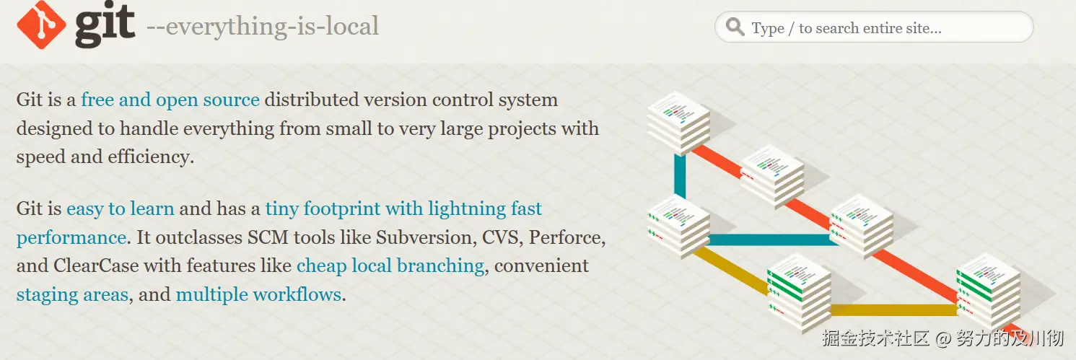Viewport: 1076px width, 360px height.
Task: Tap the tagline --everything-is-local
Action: (x=262, y=27)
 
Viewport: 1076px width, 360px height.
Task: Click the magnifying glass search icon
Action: (x=735, y=27)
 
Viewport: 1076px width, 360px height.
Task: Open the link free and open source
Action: (x=170, y=100)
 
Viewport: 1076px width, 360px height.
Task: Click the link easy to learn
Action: (x=120, y=208)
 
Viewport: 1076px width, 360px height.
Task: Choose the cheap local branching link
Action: (x=390, y=266)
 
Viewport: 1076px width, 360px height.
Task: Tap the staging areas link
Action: (x=73, y=295)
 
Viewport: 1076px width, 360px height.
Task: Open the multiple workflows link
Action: (x=259, y=294)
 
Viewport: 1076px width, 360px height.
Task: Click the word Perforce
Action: (x=567, y=237)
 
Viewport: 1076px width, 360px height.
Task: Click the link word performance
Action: (x=71, y=238)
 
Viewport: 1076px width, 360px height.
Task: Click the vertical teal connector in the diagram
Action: (x=680, y=176)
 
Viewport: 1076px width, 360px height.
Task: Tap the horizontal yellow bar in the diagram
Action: (x=893, y=309)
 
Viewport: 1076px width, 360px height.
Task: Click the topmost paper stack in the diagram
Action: (x=678, y=123)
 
